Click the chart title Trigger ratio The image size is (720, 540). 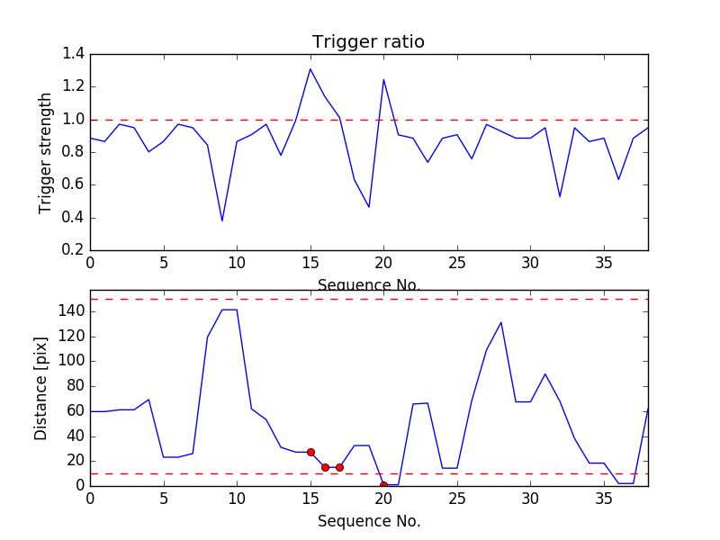368,42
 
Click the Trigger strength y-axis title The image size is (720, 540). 46,152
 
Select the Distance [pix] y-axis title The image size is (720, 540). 40,388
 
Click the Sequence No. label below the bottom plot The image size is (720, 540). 369,521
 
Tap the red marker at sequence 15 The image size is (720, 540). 310,452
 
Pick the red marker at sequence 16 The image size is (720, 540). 325,467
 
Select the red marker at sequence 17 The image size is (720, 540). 339,467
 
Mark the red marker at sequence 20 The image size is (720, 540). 383,485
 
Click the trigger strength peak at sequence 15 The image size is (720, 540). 310,68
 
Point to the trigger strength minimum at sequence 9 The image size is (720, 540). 222,221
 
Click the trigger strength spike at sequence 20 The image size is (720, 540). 383,79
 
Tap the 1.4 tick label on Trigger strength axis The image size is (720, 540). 74,54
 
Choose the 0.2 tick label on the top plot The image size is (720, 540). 74,250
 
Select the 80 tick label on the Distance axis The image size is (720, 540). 74,386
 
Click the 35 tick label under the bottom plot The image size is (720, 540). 604,501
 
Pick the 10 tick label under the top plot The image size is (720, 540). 237,264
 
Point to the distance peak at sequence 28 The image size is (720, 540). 501,322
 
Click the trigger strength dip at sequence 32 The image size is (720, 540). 560,197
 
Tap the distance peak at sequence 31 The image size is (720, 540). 545,373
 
